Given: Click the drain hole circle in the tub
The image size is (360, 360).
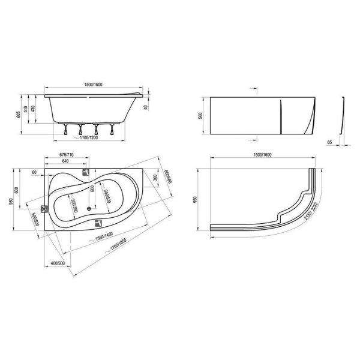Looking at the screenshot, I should coord(89,209).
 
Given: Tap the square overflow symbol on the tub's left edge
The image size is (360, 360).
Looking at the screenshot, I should coord(44,209).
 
